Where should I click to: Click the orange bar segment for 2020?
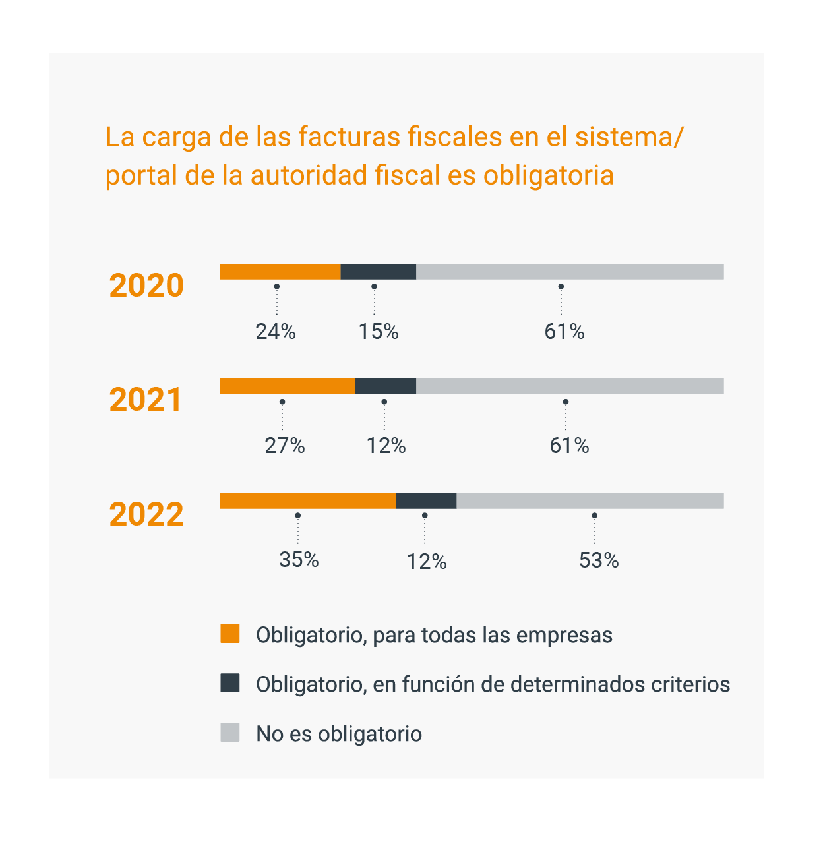pyautogui.click(x=280, y=272)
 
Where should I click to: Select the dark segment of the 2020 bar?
pyautogui.click(x=378, y=272)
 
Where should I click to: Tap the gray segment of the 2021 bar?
pyautogui.click(x=570, y=386)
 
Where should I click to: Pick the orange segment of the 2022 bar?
pyautogui.click(x=307, y=501)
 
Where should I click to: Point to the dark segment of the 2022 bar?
pyautogui.click(x=426, y=501)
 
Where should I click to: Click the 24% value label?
pyautogui.click(x=276, y=332)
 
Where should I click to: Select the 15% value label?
pyautogui.click(x=379, y=332)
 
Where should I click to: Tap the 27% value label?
pyautogui.click(x=285, y=446)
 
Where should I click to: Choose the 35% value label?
pyautogui.click(x=299, y=560)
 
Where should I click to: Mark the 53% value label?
pyautogui.click(x=599, y=561)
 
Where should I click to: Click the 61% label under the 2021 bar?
pyautogui.click(x=569, y=446)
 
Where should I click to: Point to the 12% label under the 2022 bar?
pyautogui.click(x=427, y=562)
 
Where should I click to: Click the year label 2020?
pyautogui.click(x=146, y=286)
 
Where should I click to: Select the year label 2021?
pyautogui.click(x=146, y=400)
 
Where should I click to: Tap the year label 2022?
pyautogui.click(x=146, y=515)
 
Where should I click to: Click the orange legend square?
pyautogui.click(x=230, y=634)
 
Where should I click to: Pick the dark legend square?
pyautogui.click(x=230, y=683)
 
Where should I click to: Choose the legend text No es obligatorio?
pyautogui.click(x=339, y=734)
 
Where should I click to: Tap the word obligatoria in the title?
pyautogui.click(x=549, y=175)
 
